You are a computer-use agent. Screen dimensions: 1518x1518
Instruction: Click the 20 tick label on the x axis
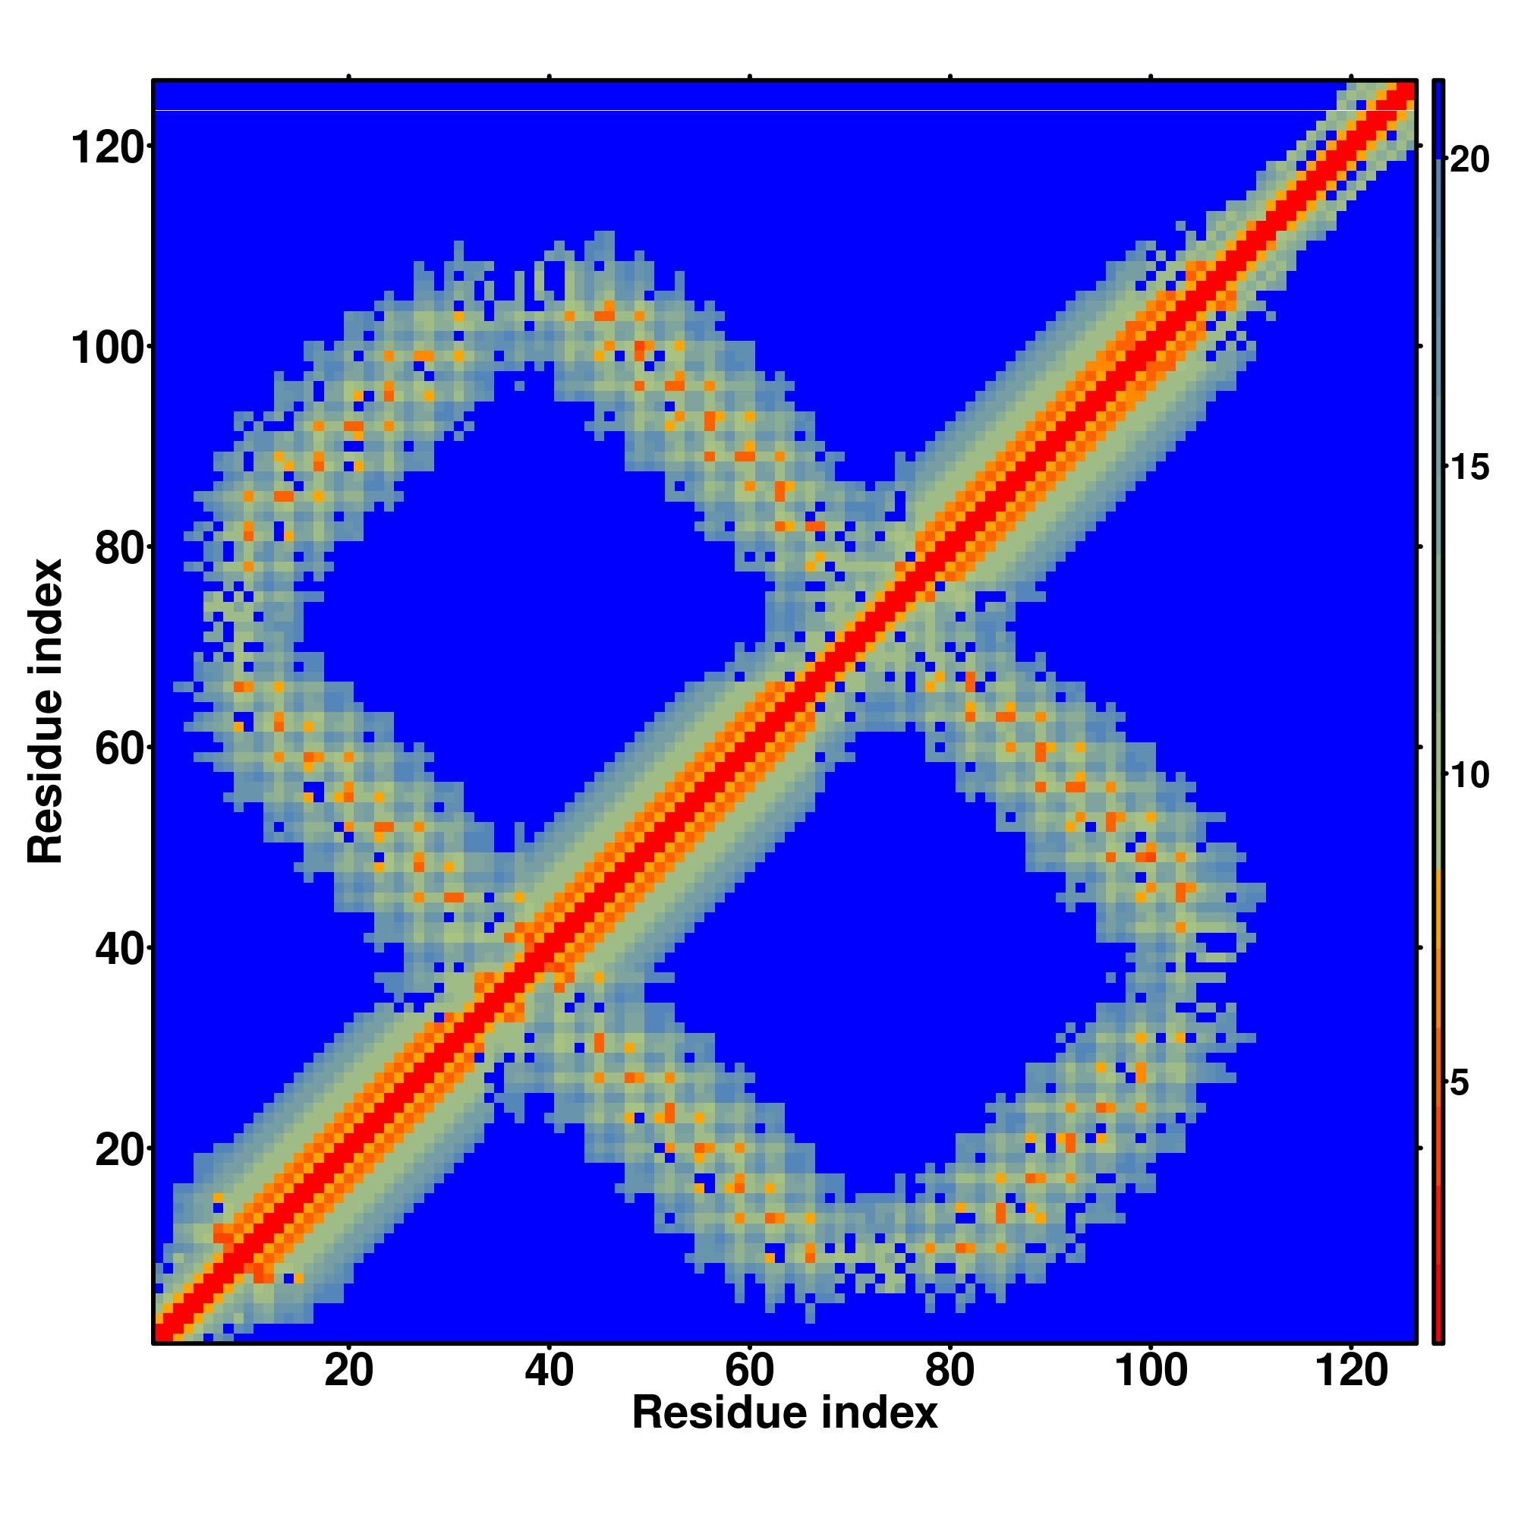348,1372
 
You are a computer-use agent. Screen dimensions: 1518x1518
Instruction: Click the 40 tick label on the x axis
550,1372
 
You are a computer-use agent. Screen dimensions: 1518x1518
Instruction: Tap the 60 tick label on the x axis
750,1372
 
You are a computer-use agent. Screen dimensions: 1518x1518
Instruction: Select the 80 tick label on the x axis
950,1372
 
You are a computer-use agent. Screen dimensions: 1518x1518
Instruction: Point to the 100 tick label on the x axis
1151,1372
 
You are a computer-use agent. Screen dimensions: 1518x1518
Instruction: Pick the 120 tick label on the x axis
1351,1372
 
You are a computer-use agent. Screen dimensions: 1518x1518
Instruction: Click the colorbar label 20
1469,160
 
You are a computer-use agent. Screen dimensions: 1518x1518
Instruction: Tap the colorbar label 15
1469,468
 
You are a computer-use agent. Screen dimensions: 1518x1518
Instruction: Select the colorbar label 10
1469,776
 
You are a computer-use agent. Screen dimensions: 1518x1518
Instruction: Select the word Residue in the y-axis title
46,776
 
